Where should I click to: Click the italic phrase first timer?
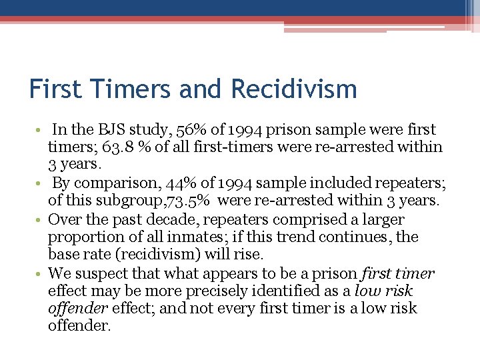click(x=398, y=273)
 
